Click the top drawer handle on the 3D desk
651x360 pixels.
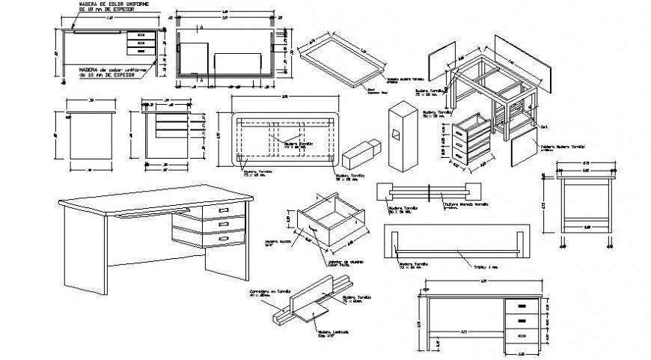tap(222, 211)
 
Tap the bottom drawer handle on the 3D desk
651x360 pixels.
tap(222, 238)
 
